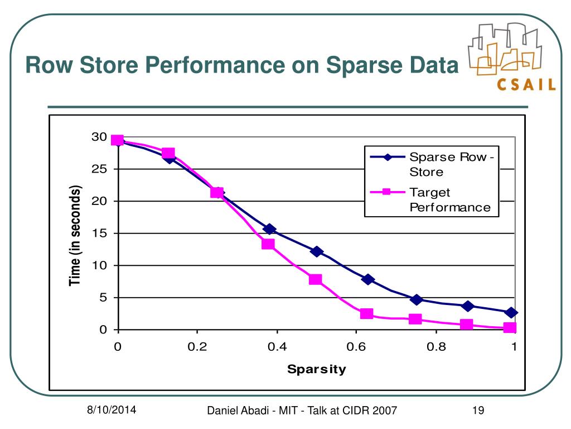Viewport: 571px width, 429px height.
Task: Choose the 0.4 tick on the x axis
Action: pyautogui.click(x=277, y=347)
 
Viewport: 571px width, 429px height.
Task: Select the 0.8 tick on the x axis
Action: pyautogui.click(x=435, y=347)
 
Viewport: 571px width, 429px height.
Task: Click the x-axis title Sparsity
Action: pyautogui.click(x=316, y=369)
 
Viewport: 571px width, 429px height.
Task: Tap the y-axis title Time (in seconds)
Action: pyautogui.click(x=76, y=235)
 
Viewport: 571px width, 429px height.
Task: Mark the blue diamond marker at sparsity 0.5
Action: pyautogui.click(x=317, y=251)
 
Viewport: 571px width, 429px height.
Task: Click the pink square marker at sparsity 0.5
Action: pyautogui.click(x=316, y=279)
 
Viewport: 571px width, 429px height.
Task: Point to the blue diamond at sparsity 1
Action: pyautogui.click(x=511, y=312)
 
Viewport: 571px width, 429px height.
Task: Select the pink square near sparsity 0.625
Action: pyautogui.click(x=366, y=313)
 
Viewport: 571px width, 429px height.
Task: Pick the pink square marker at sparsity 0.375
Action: pyautogui.click(x=268, y=244)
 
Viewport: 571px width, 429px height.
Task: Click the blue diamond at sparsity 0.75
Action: pyautogui.click(x=415, y=299)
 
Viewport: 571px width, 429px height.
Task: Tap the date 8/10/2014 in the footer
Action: pyautogui.click(x=111, y=411)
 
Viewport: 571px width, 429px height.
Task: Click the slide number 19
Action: pyautogui.click(x=477, y=412)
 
